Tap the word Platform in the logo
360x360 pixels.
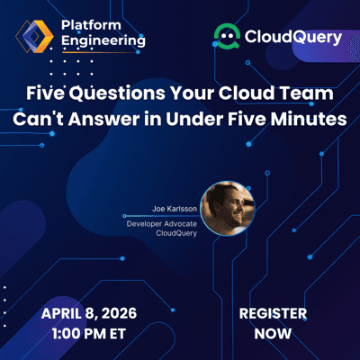coord(88,26)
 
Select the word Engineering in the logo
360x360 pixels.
coord(101,42)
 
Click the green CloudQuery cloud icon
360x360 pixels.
coord(226,37)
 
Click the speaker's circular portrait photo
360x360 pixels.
coord(227,208)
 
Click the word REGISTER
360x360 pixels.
coord(273,314)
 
